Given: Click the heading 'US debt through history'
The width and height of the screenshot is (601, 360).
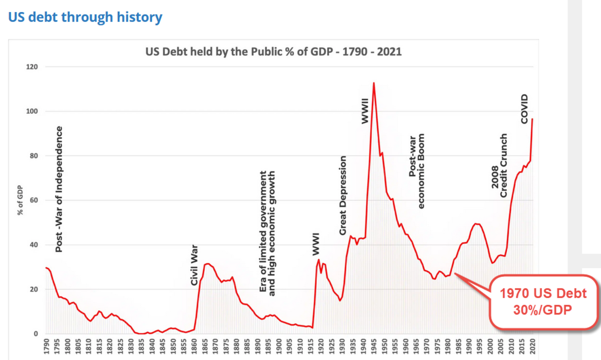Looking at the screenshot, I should pos(85,18).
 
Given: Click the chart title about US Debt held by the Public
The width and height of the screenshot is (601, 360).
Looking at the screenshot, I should pos(273,52).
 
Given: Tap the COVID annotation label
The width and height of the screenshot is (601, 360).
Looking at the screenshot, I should pos(524,109).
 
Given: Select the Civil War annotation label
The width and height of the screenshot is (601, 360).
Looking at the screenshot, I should pos(195,265).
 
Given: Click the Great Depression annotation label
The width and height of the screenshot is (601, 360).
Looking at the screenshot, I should pos(343,195).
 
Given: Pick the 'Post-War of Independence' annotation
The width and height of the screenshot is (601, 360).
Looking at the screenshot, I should pos(59,189).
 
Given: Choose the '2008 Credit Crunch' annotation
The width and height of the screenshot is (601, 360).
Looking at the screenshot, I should pos(499,165).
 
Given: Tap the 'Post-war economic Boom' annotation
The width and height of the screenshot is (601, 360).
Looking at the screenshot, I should pos(417,171).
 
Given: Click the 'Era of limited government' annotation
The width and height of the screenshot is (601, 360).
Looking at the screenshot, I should pos(268,233).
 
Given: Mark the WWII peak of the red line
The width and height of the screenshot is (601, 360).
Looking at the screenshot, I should pos(374,83).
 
